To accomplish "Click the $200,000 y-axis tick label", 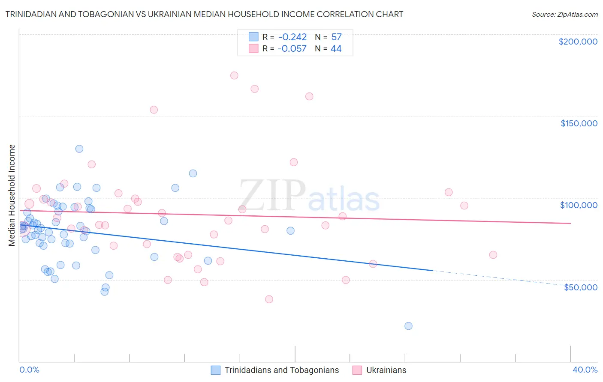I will [578, 42].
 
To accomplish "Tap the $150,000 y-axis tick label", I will [579, 123].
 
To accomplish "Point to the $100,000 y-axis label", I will [579, 205].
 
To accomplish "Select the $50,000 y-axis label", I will [580, 287].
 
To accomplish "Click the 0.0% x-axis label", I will [29, 370].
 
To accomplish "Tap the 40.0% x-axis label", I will [585, 370].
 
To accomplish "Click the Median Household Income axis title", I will [12, 195].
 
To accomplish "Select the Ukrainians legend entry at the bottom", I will [386, 370].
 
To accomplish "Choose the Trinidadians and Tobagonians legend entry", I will [281, 370].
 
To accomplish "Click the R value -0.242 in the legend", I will [292, 37].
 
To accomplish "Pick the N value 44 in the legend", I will [336, 49].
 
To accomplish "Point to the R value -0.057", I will [292, 49].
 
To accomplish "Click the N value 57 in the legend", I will [336, 37].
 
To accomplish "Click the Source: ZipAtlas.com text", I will [564, 15].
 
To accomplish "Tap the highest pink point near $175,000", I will [234, 75].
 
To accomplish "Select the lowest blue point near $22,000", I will [408, 326].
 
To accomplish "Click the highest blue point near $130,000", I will [79, 149].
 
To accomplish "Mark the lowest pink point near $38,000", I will [269, 299].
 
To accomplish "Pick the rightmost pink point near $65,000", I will [493, 255].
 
